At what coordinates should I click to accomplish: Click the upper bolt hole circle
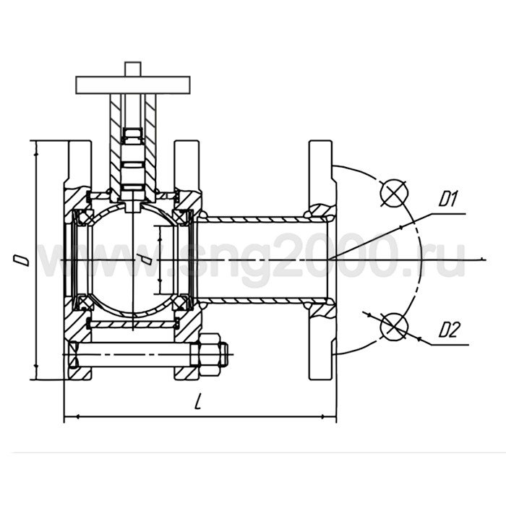click(394, 192)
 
